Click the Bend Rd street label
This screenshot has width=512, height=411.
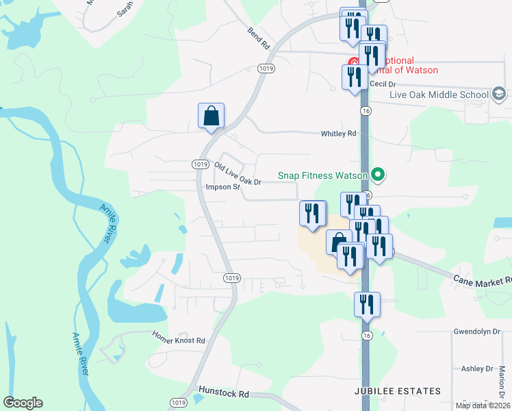tap(259, 39)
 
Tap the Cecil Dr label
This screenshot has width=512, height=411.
tap(383, 84)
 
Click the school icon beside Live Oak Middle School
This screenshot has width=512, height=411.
tap(499, 94)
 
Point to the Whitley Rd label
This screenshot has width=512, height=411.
tap(339, 134)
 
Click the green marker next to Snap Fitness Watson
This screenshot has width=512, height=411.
tap(376, 175)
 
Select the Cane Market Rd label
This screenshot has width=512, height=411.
tap(483, 279)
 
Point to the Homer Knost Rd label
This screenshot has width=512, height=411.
tap(179, 340)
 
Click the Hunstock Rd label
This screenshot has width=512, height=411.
tap(224, 394)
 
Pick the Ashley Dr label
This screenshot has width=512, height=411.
tap(477, 369)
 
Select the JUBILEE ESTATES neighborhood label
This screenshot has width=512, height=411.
tap(398, 391)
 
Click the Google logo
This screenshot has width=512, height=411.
tap(23, 403)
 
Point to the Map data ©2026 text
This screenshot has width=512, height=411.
tap(483, 406)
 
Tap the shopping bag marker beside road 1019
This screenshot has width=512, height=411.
tap(212, 116)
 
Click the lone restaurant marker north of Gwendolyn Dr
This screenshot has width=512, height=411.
tap(367, 303)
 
